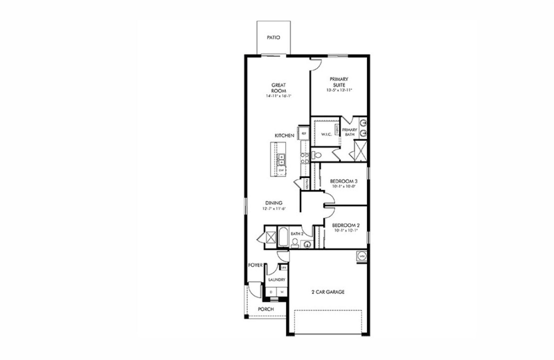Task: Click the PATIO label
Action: [x=273, y=37]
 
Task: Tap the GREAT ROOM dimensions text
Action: [x=278, y=95]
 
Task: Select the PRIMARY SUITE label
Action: [x=339, y=82]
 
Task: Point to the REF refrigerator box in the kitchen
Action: [x=303, y=134]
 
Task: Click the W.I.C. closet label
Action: [x=327, y=134]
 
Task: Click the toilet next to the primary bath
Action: [x=315, y=155]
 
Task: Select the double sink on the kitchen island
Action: [x=281, y=159]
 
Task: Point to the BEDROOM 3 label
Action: [x=343, y=181]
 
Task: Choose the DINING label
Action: [x=273, y=203]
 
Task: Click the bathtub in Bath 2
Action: [x=283, y=237]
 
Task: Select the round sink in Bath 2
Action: [x=306, y=244]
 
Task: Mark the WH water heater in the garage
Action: [x=361, y=256]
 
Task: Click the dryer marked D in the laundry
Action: [x=271, y=291]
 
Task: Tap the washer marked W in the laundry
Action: [x=282, y=291]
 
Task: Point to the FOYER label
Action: [x=255, y=265]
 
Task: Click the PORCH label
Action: [x=265, y=309]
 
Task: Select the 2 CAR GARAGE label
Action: [x=327, y=292]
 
